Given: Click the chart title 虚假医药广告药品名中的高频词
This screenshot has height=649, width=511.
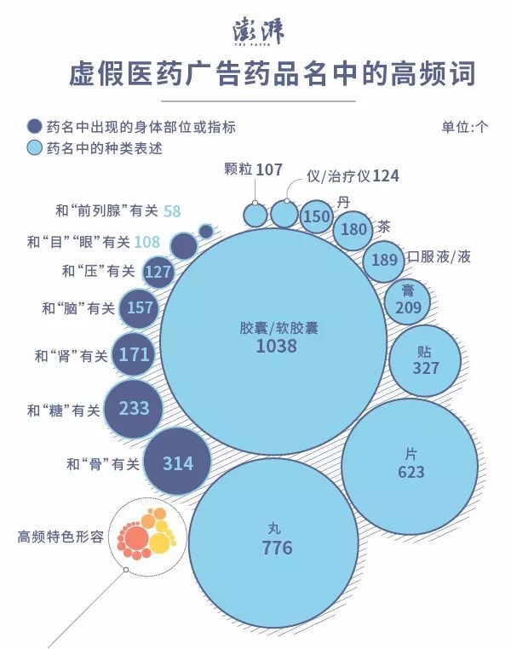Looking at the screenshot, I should tap(272, 74).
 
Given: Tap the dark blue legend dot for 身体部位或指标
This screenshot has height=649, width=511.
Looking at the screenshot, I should tap(35, 127).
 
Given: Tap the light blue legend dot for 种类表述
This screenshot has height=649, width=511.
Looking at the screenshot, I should tap(35, 148).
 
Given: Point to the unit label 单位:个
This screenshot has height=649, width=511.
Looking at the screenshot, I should tap(464, 127).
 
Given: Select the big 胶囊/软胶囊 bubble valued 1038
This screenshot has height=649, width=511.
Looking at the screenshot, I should tap(267, 337).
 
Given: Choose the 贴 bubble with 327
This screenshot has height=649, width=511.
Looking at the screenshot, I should tap(425, 360).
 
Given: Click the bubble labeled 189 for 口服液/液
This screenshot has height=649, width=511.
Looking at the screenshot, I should tap(384, 259).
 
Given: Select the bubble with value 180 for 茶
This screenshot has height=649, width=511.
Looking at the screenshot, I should tap(353, 230).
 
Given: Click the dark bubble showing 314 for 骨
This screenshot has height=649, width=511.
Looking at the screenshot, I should tap(178, 463).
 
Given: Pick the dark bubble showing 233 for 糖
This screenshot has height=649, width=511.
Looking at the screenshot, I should tap(134, 409).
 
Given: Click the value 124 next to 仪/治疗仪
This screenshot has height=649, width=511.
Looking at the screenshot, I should tap(385, 176).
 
